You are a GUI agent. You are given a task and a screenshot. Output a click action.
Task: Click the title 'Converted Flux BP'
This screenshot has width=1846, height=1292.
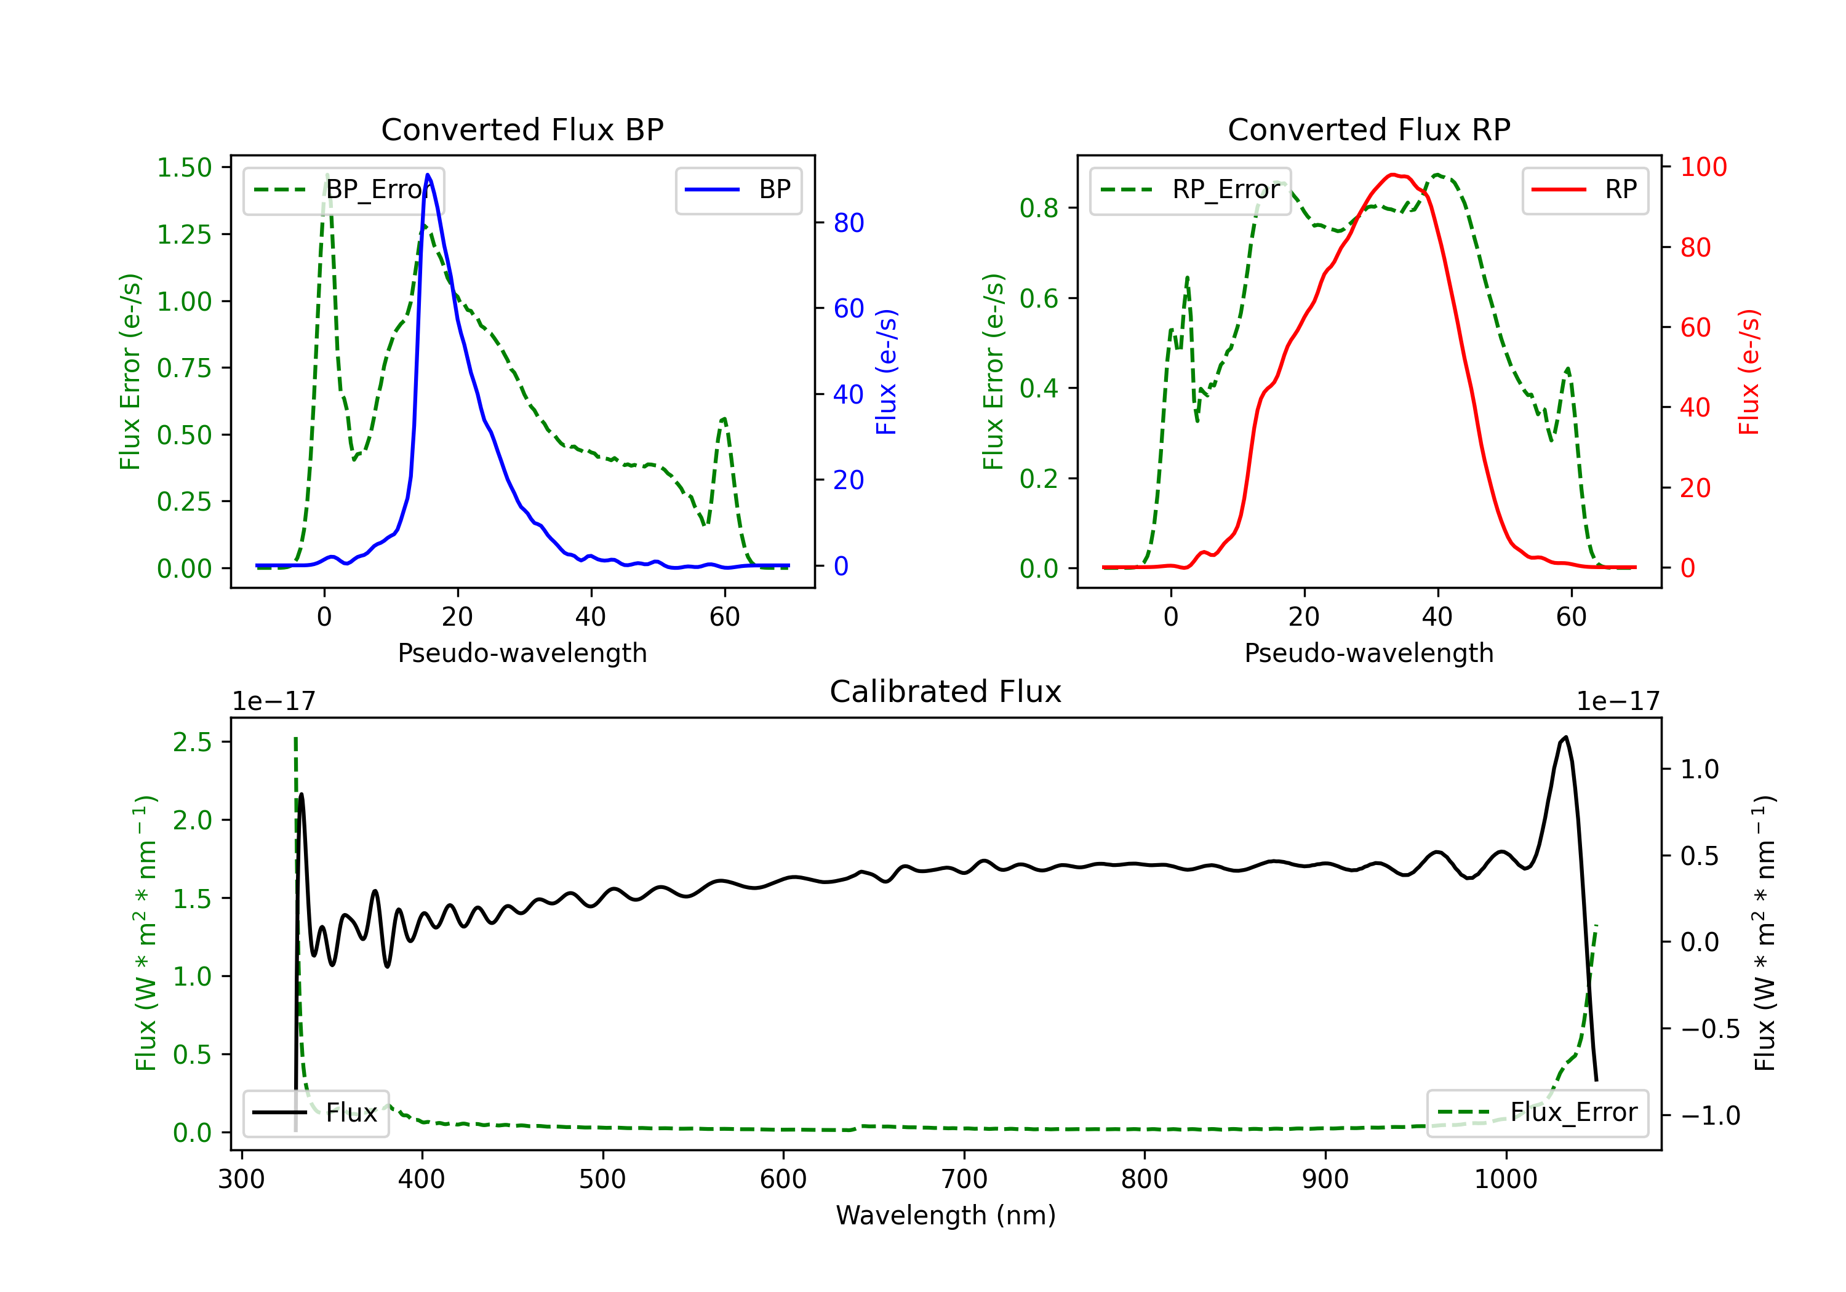pyautogui.click(x=522, y=129)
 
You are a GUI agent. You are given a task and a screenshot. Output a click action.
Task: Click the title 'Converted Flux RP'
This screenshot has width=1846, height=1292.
pyautogui.click(x=1369, y=129)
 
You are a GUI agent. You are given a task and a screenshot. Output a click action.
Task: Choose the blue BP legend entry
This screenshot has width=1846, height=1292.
pyautogui.click(x=738, y=189)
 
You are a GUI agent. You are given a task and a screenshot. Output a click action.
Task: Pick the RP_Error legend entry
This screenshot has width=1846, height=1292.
pyautogui.click(x=1190, y=189)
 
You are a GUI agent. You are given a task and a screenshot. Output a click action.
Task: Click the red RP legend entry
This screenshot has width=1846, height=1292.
pyautogui.click(x=1584, y=189)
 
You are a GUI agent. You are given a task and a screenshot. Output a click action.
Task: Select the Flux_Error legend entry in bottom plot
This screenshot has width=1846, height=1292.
pyautogui.click(x=1536, y=1113)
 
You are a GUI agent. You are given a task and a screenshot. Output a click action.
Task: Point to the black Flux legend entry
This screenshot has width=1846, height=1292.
pyautogui.click(x=315, y=1113)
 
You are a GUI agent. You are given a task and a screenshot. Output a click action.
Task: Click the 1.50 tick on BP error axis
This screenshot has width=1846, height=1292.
pyautogui.click(x=184, y=167)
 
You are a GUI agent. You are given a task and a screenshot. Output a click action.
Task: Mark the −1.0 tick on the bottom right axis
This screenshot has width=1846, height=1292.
pyautogui.click(x=1709, y=1116)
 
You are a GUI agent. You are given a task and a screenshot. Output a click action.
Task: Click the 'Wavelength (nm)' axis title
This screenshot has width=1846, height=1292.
pyautogui.click(x=946, y=1216)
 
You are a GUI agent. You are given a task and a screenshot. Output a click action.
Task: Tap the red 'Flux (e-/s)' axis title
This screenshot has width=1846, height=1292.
pyautogui.click(x=1749, y=372)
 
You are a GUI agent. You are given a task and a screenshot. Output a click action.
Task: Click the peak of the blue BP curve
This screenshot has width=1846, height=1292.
pyautogui.click(x=428, y=175)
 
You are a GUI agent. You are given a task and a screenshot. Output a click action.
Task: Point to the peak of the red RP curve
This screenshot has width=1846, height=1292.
pyautogui.click(x=1392, y=175)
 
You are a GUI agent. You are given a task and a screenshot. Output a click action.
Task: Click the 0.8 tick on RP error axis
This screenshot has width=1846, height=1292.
pyautogui.click(x=1038, y=208)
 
